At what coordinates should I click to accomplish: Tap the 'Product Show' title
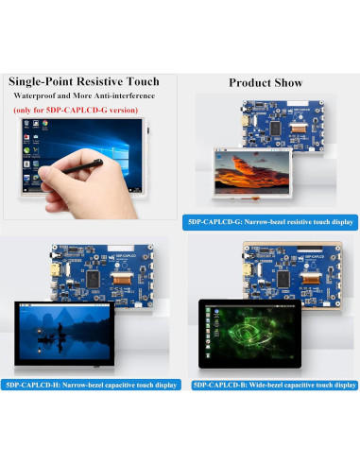(266, 83)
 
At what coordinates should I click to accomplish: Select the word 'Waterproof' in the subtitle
(36, 97)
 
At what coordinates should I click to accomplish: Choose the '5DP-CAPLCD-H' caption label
(30, 386)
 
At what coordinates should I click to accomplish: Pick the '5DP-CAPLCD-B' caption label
(217, 386)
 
